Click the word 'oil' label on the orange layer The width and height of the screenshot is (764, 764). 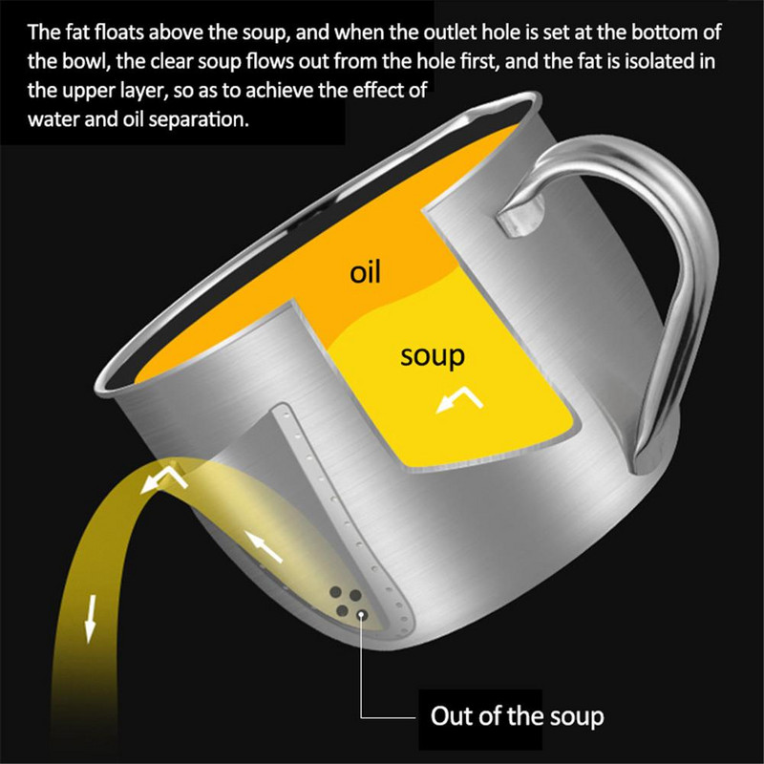[x=365, y=272]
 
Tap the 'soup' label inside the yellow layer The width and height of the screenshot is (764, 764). [x=433, y=356]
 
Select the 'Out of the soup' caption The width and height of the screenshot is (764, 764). [x=517, y=715]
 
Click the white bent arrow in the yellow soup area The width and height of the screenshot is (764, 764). [x=459, y=398]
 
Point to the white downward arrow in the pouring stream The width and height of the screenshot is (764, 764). [x=90, y=618]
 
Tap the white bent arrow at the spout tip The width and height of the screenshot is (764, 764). [x=163, y=480]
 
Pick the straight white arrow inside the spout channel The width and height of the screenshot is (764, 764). [x=264, y=546]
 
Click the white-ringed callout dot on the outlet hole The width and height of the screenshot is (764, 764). [x=362, y=614]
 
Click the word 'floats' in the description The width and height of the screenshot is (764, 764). [x=120, y=32]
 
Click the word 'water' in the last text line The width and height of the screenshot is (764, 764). [x=53, y=120]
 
